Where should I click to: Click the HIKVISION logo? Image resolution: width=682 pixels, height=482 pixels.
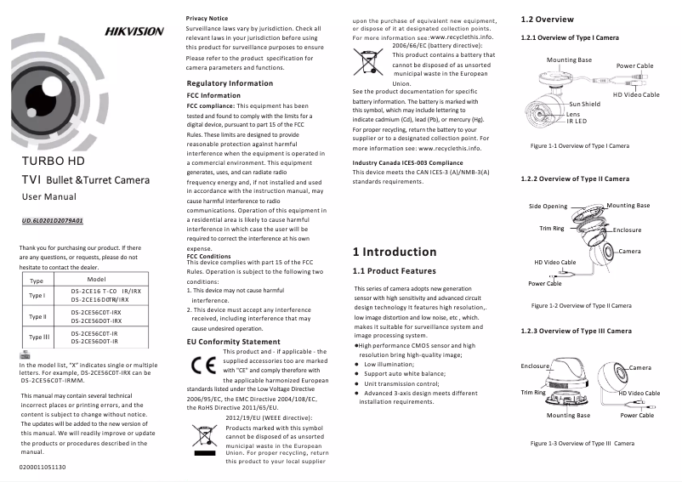[134, 31]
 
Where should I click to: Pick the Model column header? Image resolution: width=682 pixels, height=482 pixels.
[96, 279]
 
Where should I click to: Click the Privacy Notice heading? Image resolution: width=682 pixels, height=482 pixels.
[207, 18]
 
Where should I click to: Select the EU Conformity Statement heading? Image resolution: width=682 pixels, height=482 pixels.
[233, 342]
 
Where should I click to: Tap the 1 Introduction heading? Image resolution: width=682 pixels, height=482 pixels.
[394, 252]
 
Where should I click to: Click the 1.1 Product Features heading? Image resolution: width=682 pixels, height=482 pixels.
[394, 271]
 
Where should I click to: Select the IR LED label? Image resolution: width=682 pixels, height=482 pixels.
[577, 121]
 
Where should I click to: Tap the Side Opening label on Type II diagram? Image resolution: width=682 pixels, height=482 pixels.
[548, 207]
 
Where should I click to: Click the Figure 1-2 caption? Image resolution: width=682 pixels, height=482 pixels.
[581, 305]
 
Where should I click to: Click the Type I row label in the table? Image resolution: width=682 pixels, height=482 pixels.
[37, 296]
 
